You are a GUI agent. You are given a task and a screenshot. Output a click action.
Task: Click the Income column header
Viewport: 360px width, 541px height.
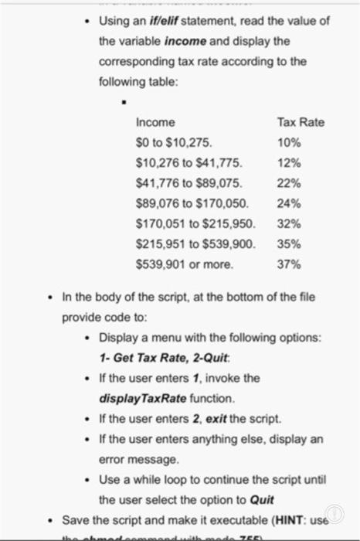click(155, 122)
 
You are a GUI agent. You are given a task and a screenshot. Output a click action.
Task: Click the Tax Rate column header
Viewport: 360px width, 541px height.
click(301, 122)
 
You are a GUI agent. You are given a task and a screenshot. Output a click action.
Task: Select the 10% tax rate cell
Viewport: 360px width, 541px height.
click(288, 142)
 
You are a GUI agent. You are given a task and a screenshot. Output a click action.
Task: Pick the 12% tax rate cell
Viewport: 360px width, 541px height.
click(288, 162)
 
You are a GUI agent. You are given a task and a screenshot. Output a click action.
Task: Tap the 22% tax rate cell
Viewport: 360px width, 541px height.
click(288, 183)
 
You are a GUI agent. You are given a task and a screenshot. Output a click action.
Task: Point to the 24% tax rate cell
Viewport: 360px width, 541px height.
click(288, 203)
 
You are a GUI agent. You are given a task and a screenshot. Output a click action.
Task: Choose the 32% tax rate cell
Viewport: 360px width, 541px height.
click(288, 223)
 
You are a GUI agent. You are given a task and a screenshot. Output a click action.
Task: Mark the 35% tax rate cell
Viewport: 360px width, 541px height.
click(288, 243)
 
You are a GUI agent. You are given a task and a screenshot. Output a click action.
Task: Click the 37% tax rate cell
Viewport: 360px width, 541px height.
click(288, 264)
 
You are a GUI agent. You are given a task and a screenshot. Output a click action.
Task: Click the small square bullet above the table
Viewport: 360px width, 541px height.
click(121, 100)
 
